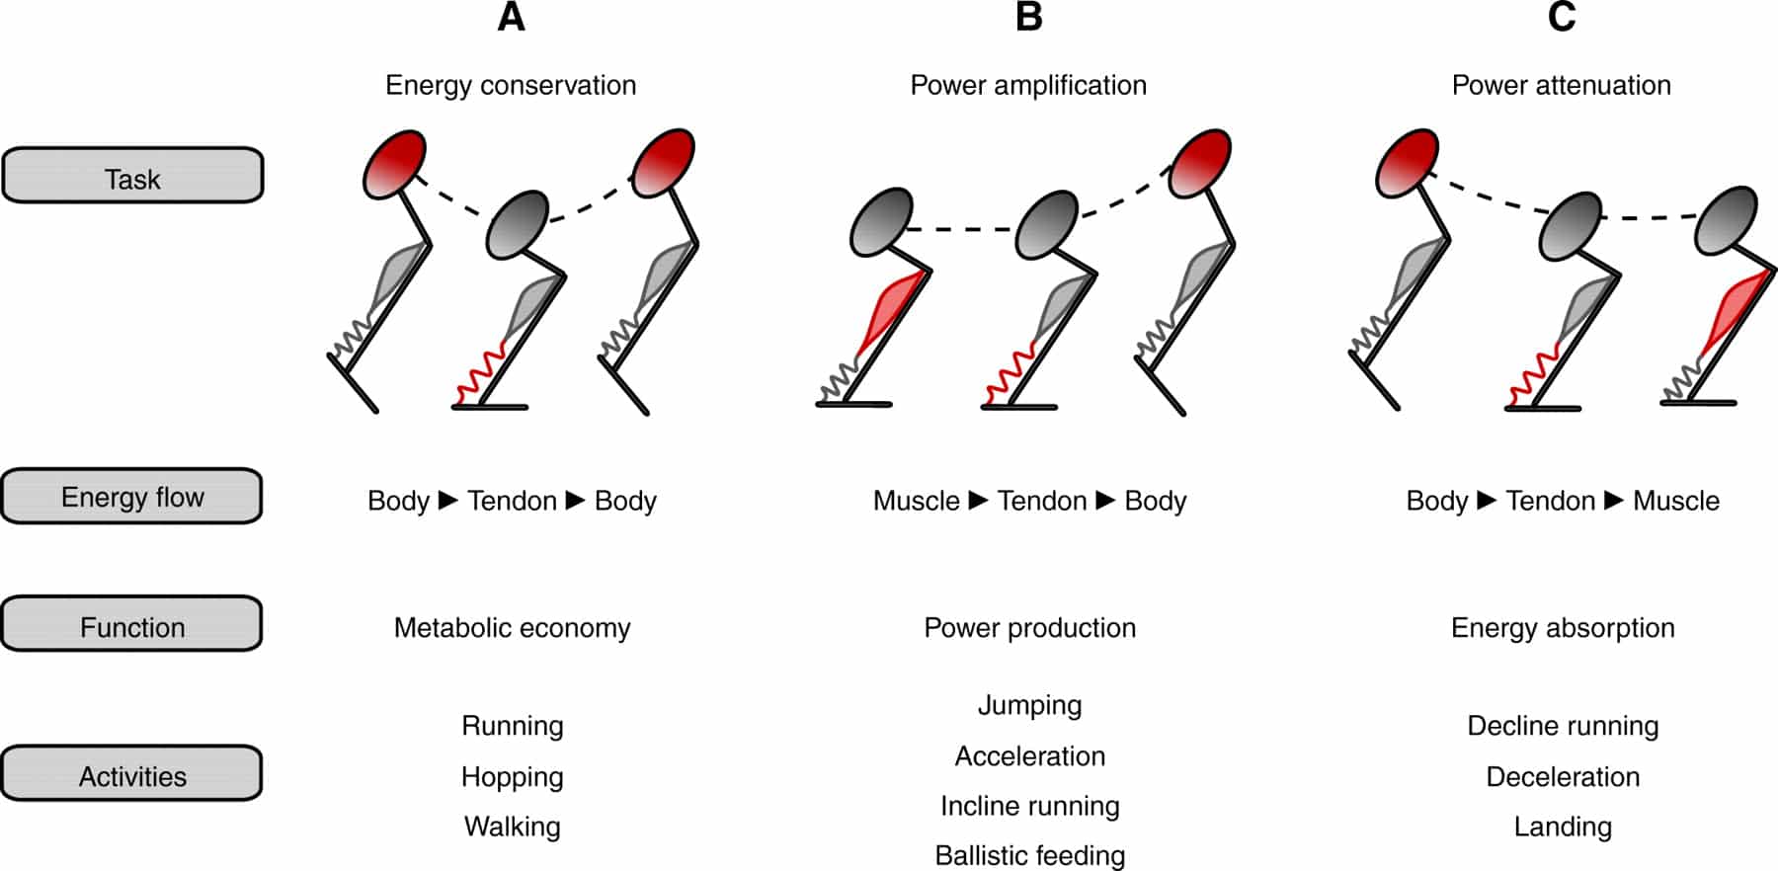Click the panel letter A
pyautogui.click(x=511, y=17)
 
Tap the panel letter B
pyautogui.click(x=1028, y=17)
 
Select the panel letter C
pyautogui.click(x=1561, y=17)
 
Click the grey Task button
pyautogui.click(x=132, y=177)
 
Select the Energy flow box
pyautogui.click(x=132, y=497)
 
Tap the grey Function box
pyautogui.click(x=132, y=625)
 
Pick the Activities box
pyautogui.click(x=132, y=775)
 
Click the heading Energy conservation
pyautogui.click(x=511, y=85)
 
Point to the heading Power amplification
pyautogui.click(x=1028, y=85)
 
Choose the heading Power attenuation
pyautogui.click(x=1561, y=85)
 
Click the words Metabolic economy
pyautogui.click(x=512, y=628)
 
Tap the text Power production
pyautogui.click(x=1029, y=628)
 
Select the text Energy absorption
pyautogui.click(x=1563, y=628)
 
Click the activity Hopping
pyautogui.click(x=512, y=777)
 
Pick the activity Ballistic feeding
pyautogui.click(x=1029, y=855)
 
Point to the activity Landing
pyautogui.click(x=1563, y=827)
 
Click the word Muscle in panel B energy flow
pyautogui.click(x=916, y=501)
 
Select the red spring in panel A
pyautogui.click(x=482, y=374)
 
